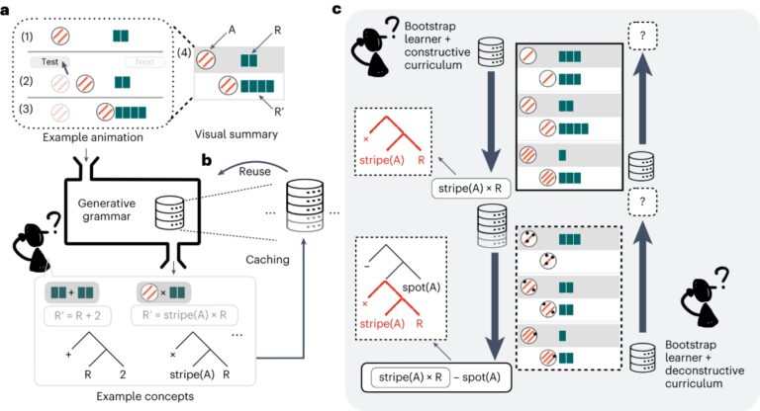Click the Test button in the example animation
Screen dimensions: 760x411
[x=49, y=62]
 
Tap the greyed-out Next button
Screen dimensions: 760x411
[x=144, y=61]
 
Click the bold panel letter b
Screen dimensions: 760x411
[x=207, y=160]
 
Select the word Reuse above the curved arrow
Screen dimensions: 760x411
[x=254, y=171]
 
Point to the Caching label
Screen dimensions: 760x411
[x=267, y=260]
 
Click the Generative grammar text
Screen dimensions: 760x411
[x=107, y=209]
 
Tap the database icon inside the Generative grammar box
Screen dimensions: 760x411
[x=169, y=212]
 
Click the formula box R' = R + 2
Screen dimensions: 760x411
[x=77, y=315]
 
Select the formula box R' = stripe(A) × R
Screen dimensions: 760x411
[x=184, y=315]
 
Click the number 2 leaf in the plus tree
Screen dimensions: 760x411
[x=122, y=374]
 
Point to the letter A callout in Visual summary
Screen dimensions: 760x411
[x=232, y=30]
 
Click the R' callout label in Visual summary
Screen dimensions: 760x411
[x=279, y=112]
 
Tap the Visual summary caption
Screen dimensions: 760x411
[x=237, y=134]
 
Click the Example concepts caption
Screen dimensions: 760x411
[x=144, y=396]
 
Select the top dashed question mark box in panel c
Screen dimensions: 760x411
[x=642, y=36]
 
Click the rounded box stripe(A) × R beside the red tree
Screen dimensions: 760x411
[x=470, y=189]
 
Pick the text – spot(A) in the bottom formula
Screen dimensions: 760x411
[x=476, y=377]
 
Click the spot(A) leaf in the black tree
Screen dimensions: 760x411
[x=422, y=288]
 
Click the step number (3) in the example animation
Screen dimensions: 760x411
[x=26, y=109]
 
